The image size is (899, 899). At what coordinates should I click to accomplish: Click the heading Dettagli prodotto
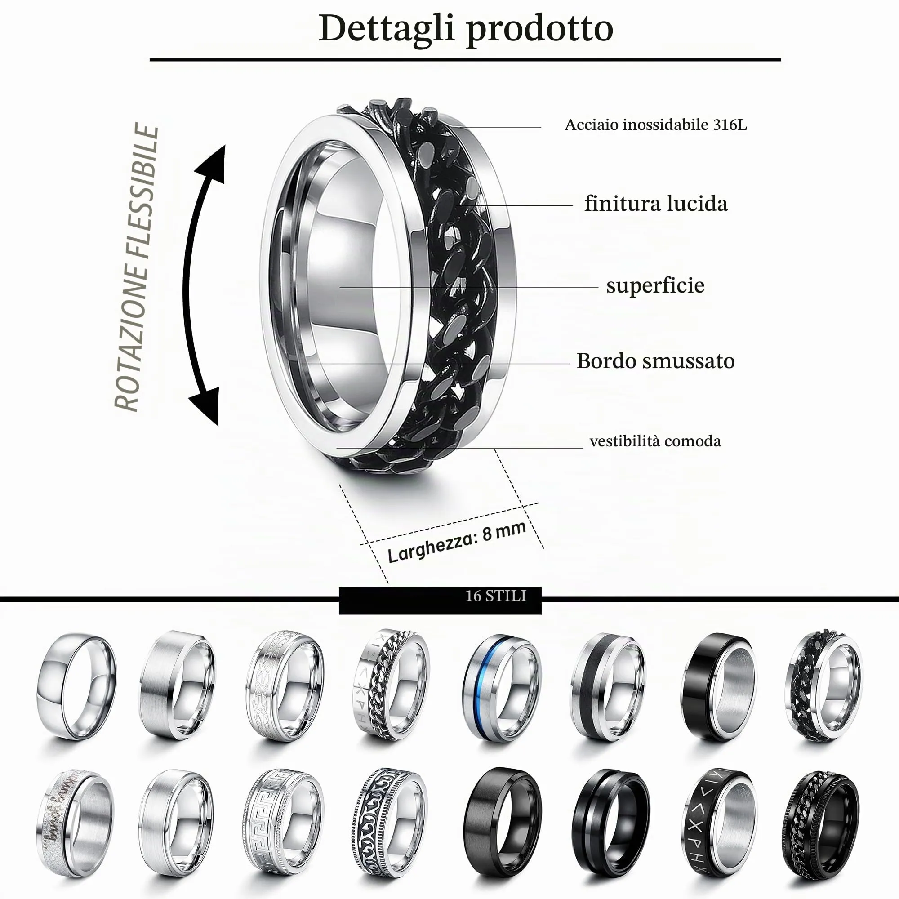click(466, 29)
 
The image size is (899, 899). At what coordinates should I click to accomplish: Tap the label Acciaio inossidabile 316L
click(656, 125)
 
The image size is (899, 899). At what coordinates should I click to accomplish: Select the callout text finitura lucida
click(656, 204)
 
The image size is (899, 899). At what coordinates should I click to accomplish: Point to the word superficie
click(655, 285)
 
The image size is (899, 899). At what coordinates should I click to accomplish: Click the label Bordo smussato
click(656, 361)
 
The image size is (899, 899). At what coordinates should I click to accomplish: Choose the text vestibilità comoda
click(655, 441)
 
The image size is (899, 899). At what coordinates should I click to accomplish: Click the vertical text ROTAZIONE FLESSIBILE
click(136, 267)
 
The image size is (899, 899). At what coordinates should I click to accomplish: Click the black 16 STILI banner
click(440, 601)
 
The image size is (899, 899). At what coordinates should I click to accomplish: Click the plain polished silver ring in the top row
click(76, 686)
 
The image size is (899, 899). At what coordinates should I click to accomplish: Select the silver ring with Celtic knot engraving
click(285, 686)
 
